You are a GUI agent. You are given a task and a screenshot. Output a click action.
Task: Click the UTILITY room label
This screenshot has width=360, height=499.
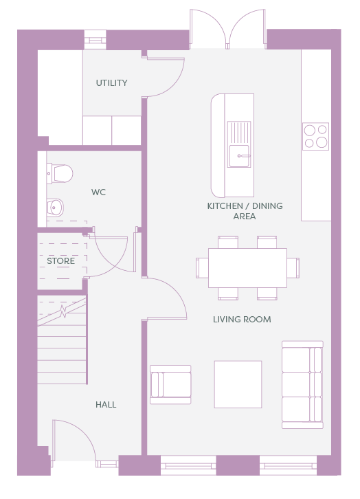111,82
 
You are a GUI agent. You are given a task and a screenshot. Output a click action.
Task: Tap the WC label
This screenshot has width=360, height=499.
98,192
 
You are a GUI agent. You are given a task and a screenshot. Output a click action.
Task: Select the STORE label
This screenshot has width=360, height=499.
60,261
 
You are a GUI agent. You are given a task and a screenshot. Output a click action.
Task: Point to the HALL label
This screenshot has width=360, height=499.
106,404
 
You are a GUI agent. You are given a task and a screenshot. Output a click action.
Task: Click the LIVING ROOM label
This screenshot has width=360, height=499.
242,319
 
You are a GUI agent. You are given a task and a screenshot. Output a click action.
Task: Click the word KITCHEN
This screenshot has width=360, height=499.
225,206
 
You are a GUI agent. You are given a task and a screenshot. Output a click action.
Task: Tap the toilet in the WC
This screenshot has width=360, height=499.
60,173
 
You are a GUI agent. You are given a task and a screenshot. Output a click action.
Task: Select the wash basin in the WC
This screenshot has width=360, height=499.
55,208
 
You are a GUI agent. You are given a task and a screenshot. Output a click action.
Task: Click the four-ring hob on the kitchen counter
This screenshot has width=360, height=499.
315,136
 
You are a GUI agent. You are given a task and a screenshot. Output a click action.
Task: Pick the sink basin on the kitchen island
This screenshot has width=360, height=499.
239,155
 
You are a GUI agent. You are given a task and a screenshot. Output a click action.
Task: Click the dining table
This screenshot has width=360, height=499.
247,268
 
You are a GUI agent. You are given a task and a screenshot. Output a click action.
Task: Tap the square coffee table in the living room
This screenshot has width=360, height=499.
238,384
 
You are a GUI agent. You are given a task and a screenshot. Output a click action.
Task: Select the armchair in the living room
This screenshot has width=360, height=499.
170,384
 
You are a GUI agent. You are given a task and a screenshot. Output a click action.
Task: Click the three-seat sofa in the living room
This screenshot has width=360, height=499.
302,385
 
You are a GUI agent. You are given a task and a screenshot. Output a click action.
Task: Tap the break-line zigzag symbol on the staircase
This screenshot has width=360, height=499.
63,311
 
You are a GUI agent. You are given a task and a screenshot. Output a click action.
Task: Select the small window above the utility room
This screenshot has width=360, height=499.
95,40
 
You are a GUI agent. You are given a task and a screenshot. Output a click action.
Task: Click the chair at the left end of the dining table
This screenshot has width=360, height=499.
202,268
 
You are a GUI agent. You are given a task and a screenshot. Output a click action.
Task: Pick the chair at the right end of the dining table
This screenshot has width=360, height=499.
293,268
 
